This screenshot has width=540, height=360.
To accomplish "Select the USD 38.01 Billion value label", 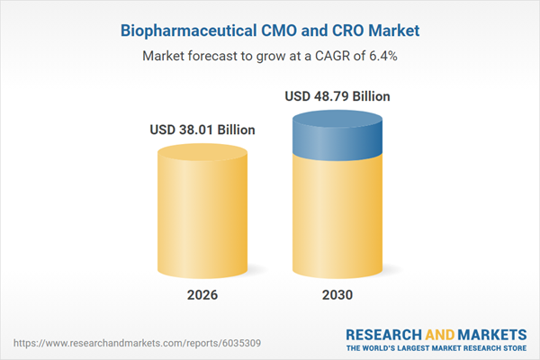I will click(202, 130).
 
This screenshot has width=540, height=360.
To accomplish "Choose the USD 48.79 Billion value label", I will click(337, 96).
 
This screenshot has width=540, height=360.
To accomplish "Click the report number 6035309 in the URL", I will click(184, 343).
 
